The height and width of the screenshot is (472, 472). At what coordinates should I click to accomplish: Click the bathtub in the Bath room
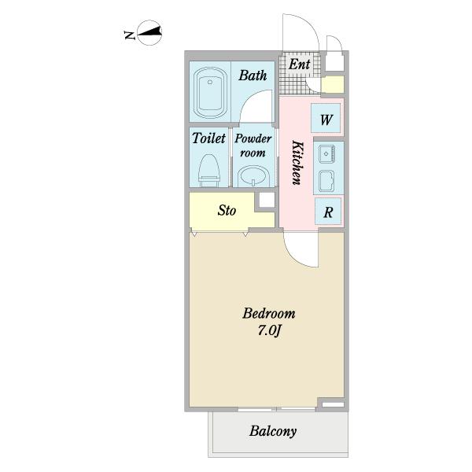[210, 92]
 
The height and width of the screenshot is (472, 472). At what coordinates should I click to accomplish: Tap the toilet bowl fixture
[209, 170]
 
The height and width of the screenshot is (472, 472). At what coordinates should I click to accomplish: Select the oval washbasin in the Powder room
[253, 176]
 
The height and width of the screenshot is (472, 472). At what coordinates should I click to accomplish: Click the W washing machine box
[326, 118]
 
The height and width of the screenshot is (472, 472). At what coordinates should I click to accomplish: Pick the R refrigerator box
[328, 212]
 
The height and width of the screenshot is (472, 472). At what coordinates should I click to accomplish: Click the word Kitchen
[297, 163]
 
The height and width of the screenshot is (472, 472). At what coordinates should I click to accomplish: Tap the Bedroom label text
[269, 313]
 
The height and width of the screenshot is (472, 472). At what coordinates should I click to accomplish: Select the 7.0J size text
[269, 331]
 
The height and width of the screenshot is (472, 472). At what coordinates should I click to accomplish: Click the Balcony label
[273, 431]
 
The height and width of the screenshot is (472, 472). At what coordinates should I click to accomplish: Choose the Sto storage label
[227, 210]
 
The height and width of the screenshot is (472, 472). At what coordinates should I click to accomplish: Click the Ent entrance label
[299, 65]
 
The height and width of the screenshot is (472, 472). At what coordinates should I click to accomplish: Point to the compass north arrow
[149, 32]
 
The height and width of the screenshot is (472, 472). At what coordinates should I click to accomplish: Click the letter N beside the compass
[129, 35]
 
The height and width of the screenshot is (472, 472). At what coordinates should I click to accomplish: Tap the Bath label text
[253, 76]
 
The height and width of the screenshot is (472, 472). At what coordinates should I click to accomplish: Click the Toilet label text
[208, 138]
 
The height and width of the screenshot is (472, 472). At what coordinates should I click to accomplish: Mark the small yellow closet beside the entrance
[332, 85]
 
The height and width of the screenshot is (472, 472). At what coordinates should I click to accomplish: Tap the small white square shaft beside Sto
[267, 200]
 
